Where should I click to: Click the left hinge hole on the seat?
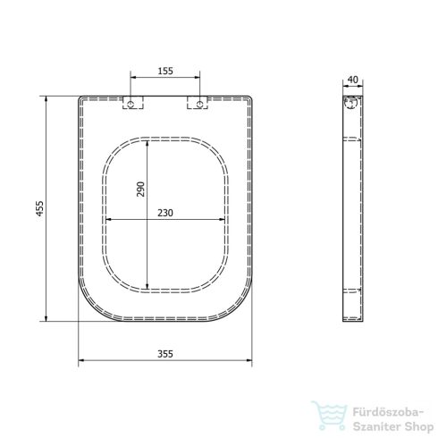coord(132,105)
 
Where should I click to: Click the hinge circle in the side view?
coord(351,105)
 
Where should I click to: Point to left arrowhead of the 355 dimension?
coord(81,361)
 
